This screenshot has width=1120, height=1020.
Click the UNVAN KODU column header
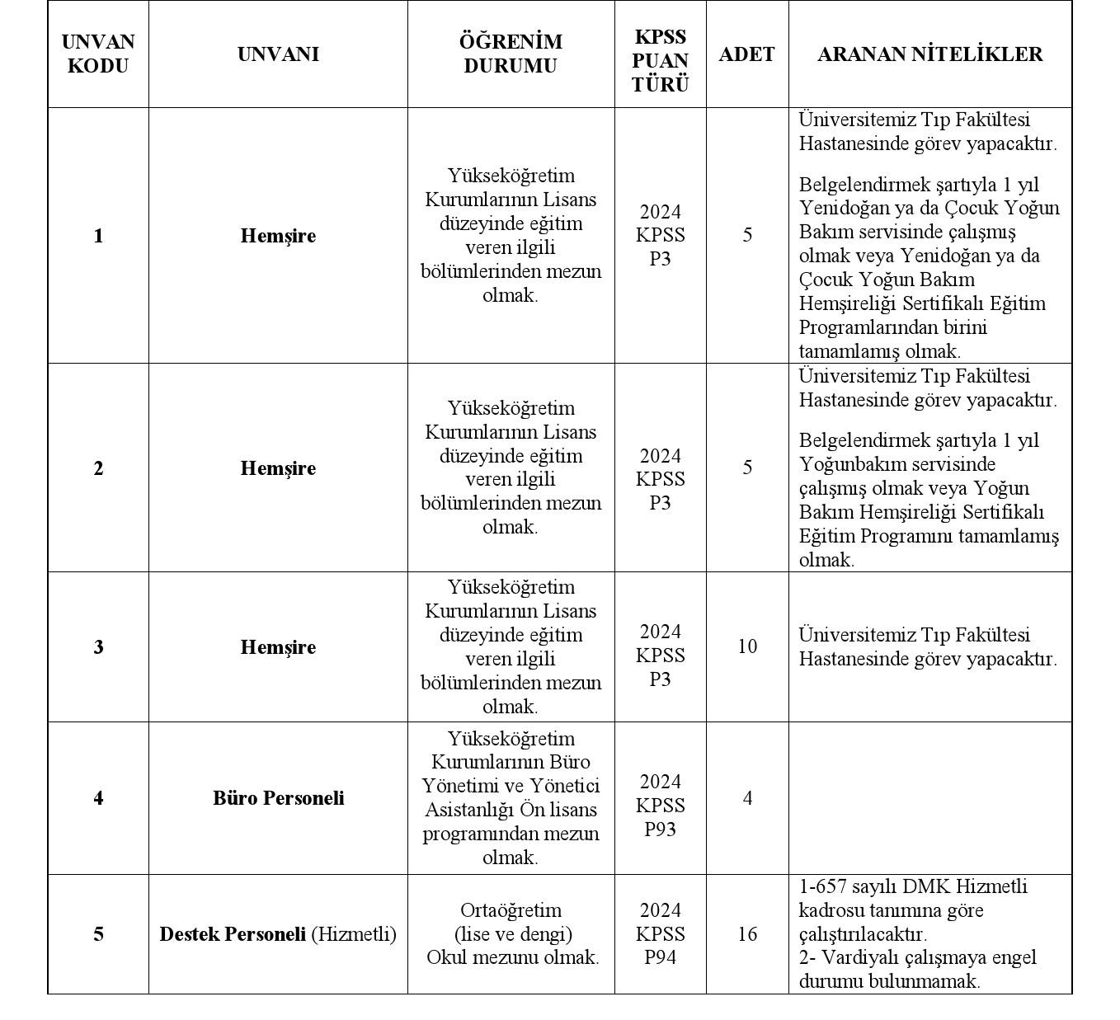[98, 54]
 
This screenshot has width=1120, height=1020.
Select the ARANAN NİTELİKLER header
[929, 54]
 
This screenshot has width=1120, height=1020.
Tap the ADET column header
[746, 54]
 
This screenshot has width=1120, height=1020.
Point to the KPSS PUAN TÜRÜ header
[660, 60]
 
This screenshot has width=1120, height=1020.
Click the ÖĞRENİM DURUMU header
[511, 54]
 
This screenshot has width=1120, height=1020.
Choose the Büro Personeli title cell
[278, 798]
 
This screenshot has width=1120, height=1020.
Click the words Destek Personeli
[233, 934]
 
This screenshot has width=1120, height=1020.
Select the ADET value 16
[747, 934]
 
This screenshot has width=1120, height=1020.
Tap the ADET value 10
[747, 646]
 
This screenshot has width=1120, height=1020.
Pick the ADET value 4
[747, 798]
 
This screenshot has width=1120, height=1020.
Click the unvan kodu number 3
[98, 647]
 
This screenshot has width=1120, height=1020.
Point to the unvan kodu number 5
[98, 934]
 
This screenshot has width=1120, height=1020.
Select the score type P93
[660, 830]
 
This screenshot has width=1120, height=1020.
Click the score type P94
[660, 958]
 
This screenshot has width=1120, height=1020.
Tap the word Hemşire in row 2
[278, 468]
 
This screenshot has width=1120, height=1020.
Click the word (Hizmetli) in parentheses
[354, 934]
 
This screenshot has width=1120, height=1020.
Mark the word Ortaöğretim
[511, 910]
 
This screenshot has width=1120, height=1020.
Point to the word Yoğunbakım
[849, 464]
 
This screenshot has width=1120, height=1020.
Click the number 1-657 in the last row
[825, 886]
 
